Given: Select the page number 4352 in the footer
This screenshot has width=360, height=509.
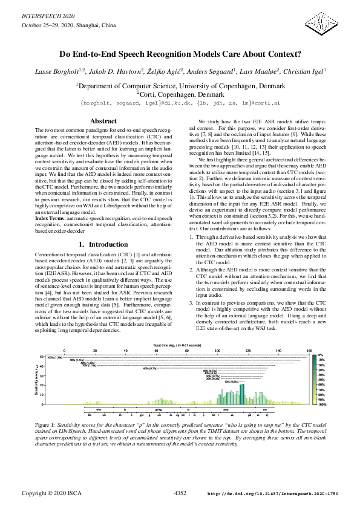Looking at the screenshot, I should [x=180, y=493].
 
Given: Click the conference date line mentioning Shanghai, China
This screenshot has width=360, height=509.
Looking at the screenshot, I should [x=61, y=25].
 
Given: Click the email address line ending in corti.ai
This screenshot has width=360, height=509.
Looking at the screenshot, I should [x=180, y=103].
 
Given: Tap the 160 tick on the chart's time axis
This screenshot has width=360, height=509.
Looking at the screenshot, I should [x=309, y=351].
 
